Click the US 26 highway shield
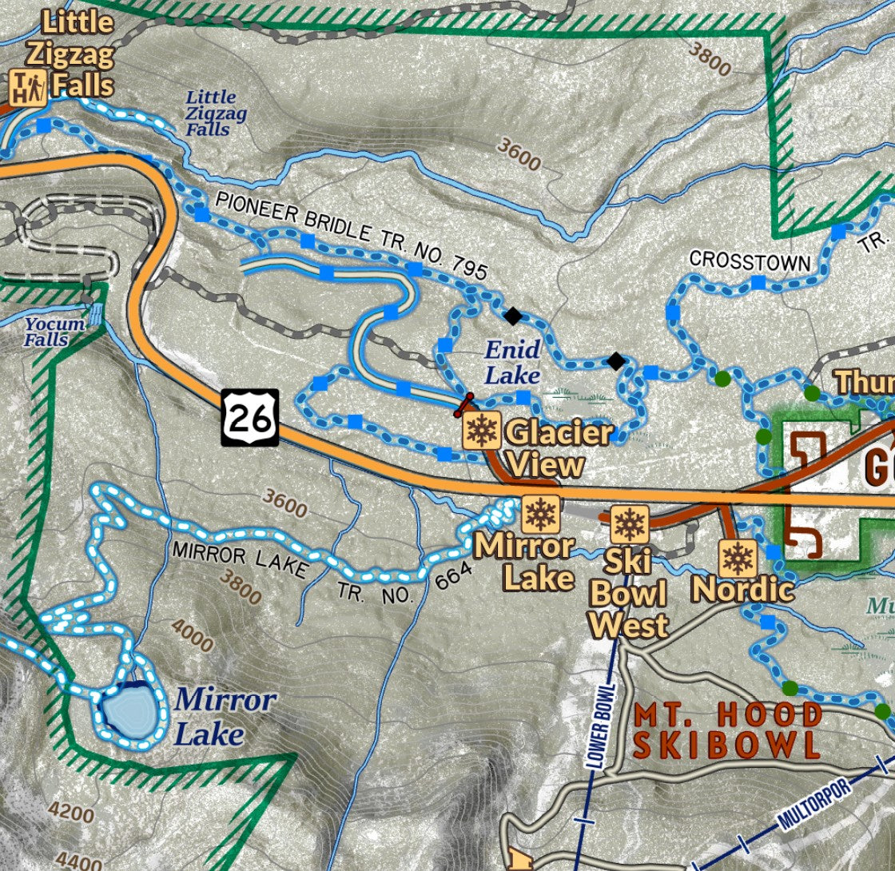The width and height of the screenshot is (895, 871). tap(250, 417)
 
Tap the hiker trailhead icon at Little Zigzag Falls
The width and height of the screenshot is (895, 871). tap(29, 87)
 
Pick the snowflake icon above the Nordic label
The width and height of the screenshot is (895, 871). tap(737, 558)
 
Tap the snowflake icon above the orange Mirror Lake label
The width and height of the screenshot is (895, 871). tap(541, 514)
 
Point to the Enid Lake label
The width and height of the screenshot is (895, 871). tap(512, 361)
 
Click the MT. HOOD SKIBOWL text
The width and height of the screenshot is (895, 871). tap(726, 730)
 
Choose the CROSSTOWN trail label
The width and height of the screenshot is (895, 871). tap(750, 261)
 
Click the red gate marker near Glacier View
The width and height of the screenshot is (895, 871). tap(463, 405)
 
